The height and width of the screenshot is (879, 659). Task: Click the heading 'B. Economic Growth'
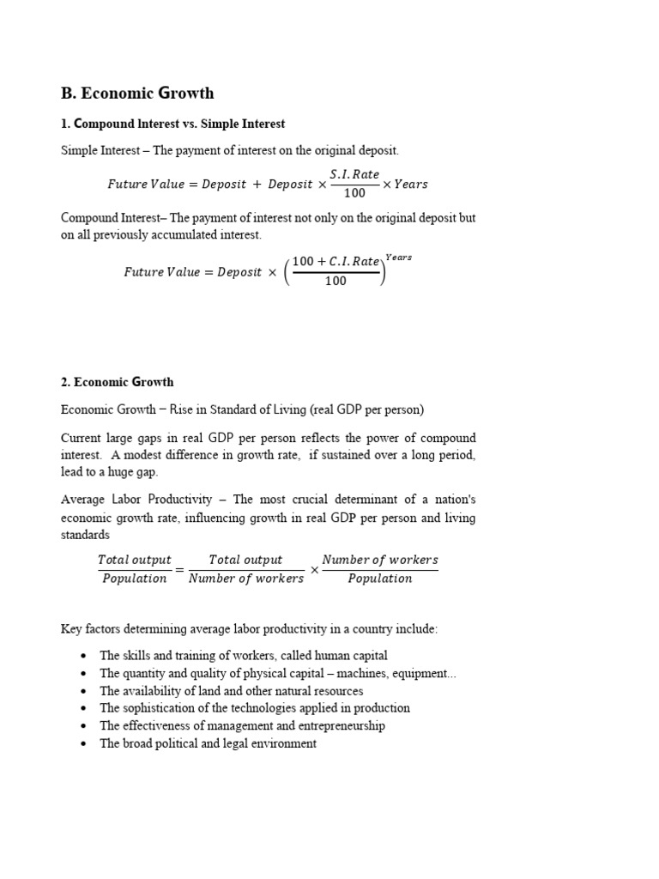pos(137,94)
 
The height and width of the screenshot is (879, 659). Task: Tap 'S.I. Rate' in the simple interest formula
pos(354,174)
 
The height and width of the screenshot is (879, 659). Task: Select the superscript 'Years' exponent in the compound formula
pos(398,257)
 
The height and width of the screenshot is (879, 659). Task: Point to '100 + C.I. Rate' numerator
pos(336,262)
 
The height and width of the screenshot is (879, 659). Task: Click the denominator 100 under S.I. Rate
pos(354,193)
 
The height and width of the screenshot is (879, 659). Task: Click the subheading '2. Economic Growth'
pos(118,382)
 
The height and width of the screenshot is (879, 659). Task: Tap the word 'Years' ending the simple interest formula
pos(410,185)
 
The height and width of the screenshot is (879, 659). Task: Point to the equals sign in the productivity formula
pos(179,569)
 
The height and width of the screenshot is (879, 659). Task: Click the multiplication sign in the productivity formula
pos(314,569)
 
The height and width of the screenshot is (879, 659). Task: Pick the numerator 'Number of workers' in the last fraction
pos(379,560)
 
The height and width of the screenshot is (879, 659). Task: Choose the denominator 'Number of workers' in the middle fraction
pos(246,579)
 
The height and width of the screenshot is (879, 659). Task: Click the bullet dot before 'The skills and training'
pos(83,656)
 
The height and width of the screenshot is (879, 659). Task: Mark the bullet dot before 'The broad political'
pos(83,744)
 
